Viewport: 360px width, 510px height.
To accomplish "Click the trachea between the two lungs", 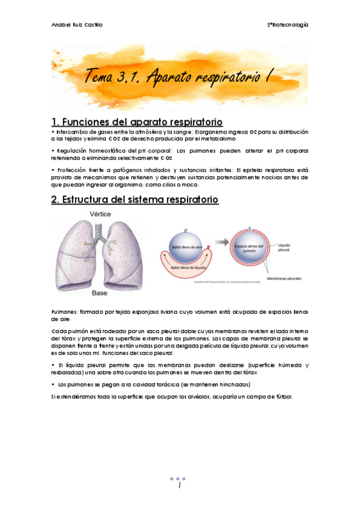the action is click(100, 232).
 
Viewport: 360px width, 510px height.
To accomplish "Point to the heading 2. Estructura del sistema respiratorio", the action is click(135, 199).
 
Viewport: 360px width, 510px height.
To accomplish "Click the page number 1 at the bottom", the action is click(180, 486).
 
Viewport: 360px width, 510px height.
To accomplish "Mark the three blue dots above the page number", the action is click(180, 479).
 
